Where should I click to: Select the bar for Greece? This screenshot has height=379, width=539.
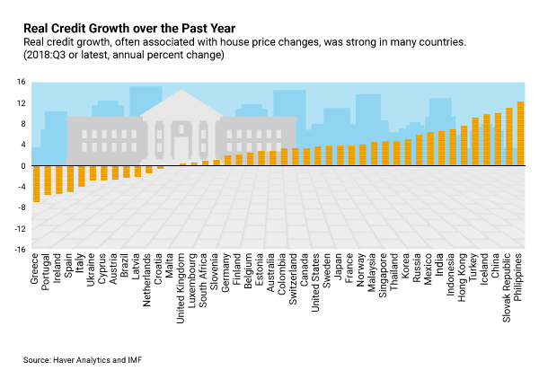click(36, 183)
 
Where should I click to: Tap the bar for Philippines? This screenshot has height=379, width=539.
click(521, 134)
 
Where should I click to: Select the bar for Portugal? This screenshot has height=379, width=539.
click(48, 180)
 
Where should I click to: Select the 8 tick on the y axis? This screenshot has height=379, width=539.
click(22, 124)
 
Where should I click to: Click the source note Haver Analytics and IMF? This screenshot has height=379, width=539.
click(82, 359)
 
